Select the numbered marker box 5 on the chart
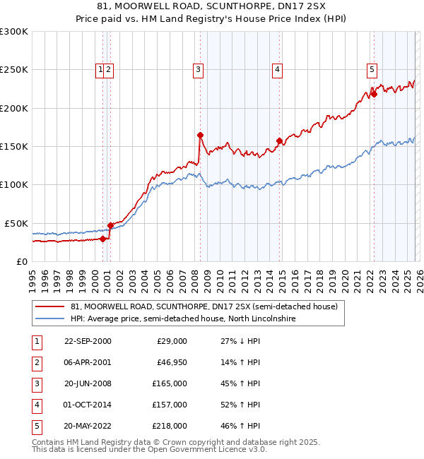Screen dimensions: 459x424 pyautogui.click(x=371, y=69)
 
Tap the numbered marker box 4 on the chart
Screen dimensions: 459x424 pyautogui.click(x=278, y=69)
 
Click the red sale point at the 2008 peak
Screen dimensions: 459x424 pyautogui.click(x=200, y=135)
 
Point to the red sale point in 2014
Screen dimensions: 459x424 pyautogui.click(x=279, y=141)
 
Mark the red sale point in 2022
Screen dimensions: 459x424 pyautogui.click(x=374, y=95)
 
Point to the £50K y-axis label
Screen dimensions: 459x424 pyautogui.click(x=17, y=223)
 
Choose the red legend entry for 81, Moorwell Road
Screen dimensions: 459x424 pyautogui.click(x=205, y=306)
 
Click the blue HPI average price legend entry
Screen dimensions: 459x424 pyautogui.click(x=182, y=318)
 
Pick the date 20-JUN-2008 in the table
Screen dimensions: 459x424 pyautogui.click(x=88, y=383)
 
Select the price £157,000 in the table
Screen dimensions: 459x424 pyautogui.click(x=171, y=405)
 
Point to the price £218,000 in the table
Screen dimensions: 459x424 pyautogui.click(x=171, y=426)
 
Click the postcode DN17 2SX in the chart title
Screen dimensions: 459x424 pyautogui.click(x=271, y=7)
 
